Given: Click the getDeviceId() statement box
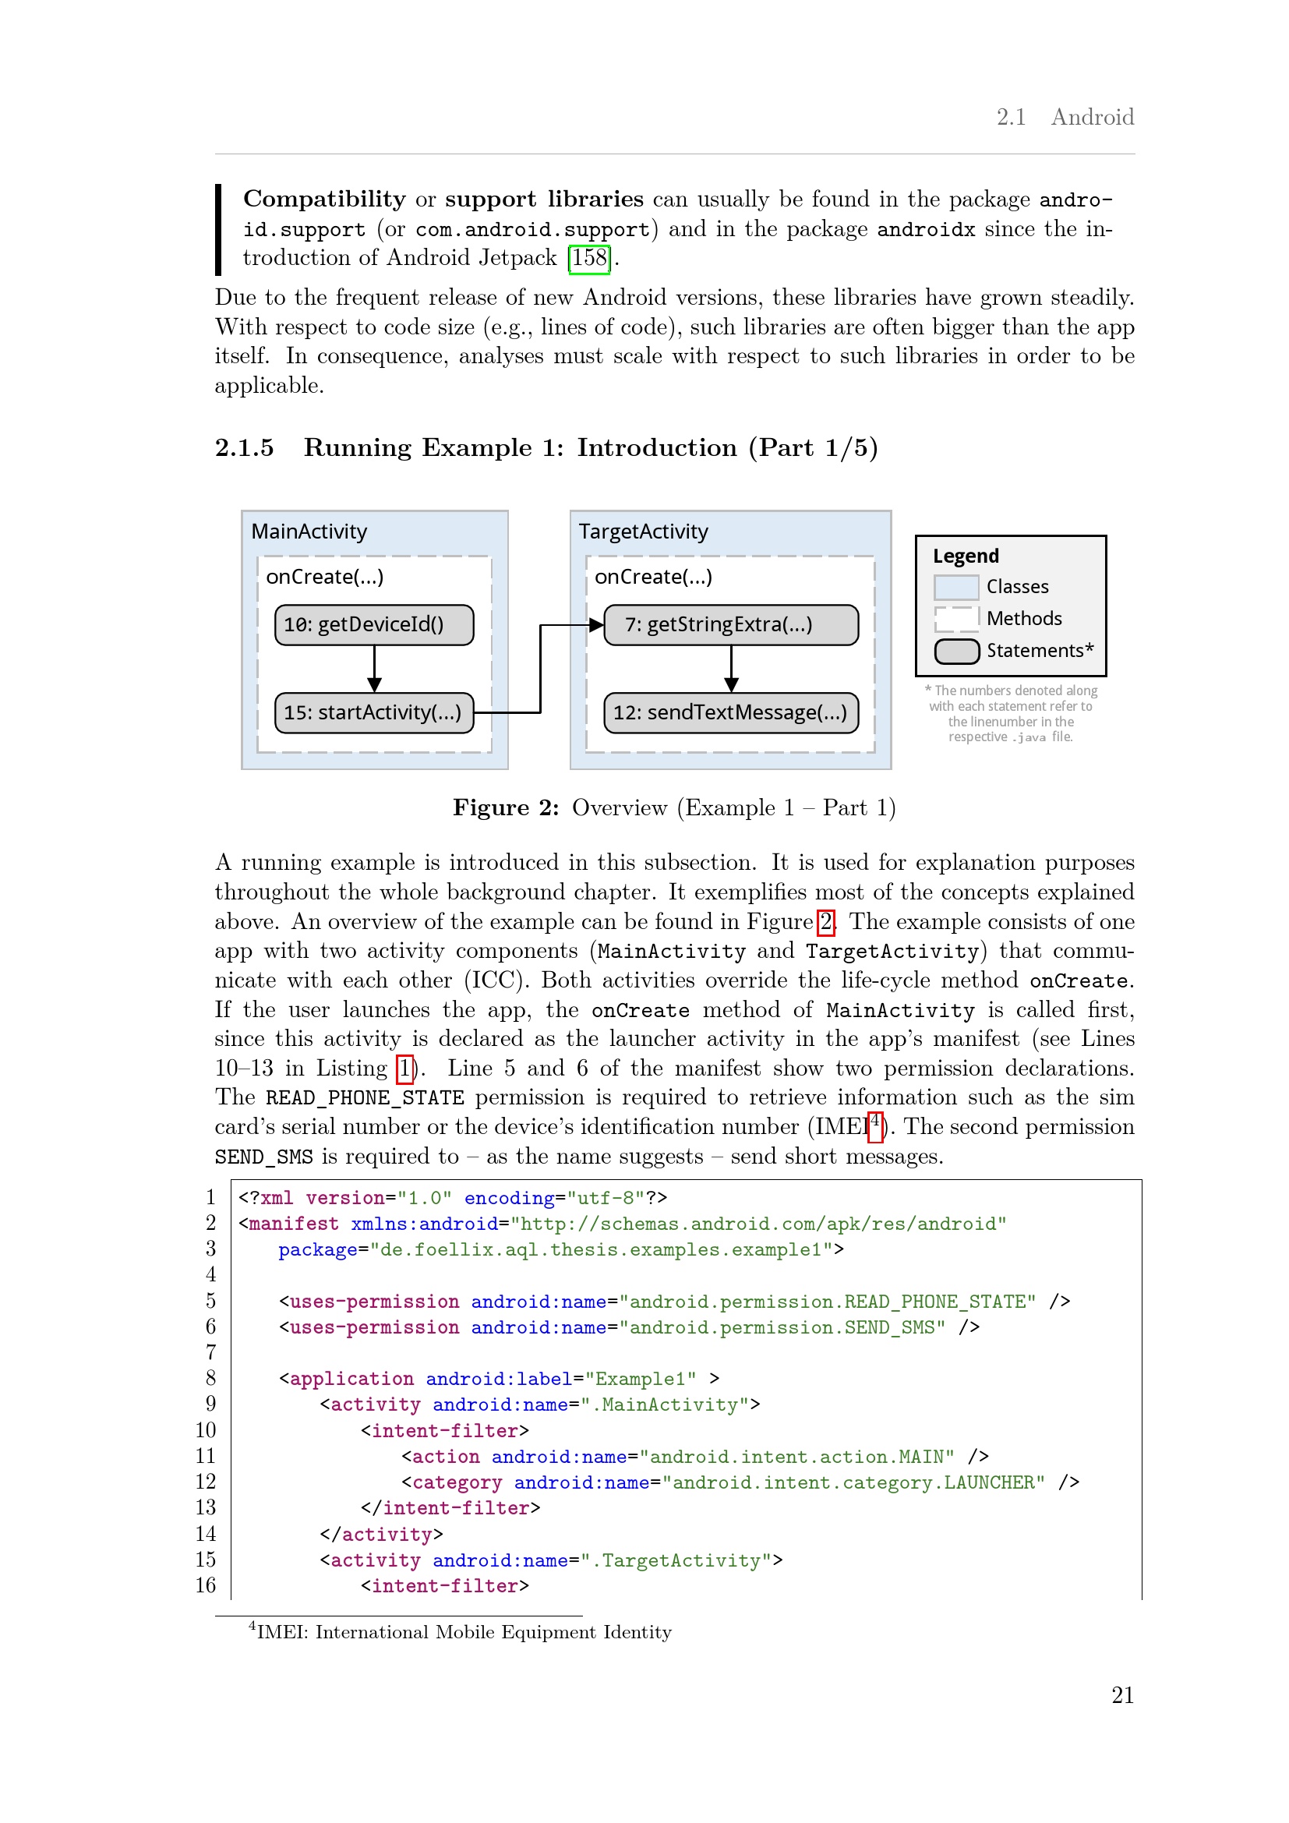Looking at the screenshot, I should click(374, 625).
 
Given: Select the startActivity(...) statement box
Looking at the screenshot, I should click(374, 712).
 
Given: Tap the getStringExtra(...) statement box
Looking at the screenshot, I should click(730, 625).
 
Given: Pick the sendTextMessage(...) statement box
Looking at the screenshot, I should click(730, 712).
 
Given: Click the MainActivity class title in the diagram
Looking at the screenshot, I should click(309, 532).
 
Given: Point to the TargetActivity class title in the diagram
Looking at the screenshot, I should click(643, 532).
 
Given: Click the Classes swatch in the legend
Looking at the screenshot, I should click(955, 587).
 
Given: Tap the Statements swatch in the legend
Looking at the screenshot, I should click(956, 651).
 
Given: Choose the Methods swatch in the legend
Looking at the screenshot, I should click(955, 619).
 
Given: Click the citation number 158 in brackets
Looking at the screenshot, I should click(589, 258).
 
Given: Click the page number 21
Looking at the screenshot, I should click(1122, 1694).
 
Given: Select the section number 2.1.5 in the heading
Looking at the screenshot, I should click(245, 448).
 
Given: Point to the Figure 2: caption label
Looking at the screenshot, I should click(506, 807).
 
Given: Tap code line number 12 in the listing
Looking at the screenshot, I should click(206, 1482).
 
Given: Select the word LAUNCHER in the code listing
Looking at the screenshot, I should click(993, 1482).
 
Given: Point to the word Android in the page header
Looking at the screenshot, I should click(1092, 118).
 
